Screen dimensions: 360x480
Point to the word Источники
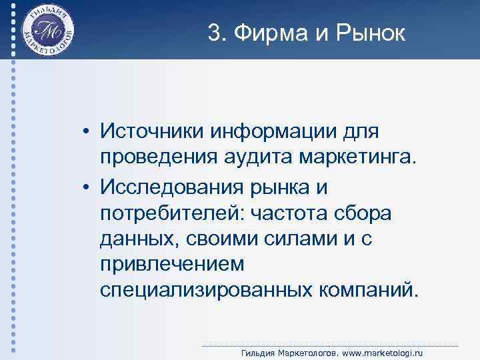coord(153,131)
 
